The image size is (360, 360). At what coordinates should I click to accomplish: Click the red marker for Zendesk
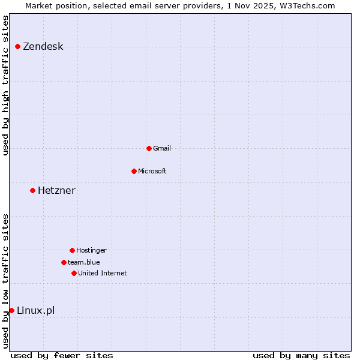(x=18, y=46)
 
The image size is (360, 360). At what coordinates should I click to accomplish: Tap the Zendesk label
(x=43, y=47)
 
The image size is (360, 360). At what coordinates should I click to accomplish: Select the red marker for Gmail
(x=149, y=148)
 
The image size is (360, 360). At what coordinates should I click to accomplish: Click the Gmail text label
(x=162, y=148)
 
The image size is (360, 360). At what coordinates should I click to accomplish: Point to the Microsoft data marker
(x=134, y=171)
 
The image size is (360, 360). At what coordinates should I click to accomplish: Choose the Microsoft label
(x=152, y=171)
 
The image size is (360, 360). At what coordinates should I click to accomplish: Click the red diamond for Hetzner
(x=33, y=190)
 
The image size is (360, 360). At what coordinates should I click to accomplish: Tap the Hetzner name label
(x=56, y=191)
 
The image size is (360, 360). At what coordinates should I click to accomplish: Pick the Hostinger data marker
(x=72, y=250)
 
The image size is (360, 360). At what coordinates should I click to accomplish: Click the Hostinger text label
(x=91, y=250)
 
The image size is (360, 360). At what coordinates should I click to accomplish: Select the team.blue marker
(x=64, y=262)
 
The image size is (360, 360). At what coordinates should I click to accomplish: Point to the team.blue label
(x=83, y=262)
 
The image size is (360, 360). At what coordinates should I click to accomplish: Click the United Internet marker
(x=74, y=273)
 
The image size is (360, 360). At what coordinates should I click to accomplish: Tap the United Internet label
(x=102, y=273)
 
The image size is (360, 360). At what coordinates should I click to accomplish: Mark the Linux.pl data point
(x=12, y=310)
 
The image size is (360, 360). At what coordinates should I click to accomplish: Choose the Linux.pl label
(x=35, y=310)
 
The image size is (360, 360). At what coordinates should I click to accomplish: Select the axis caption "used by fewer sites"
(x=62, y=355)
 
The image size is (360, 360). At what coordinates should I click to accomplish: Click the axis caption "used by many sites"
(x=301, y=355)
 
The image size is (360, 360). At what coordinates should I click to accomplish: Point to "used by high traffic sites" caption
(x=5, y=85)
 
